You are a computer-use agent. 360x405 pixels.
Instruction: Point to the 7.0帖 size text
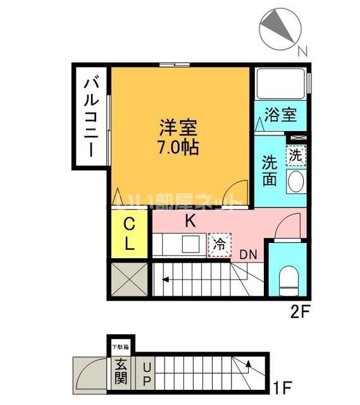pos(178,148)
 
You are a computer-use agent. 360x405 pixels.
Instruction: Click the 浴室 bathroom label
pos(280,116)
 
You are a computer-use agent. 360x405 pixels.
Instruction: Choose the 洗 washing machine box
pos(295,154)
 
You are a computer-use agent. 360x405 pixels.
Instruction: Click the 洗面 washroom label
pos(270,170)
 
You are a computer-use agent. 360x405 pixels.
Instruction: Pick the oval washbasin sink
pos(295,183)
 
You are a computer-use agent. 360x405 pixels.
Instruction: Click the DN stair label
pos(249,254)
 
